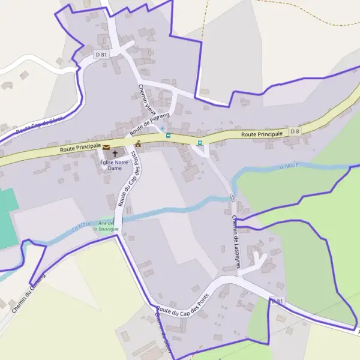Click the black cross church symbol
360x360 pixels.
pyautogui.click(x=115, y=154)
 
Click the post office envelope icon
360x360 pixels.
pyautogui.click(x=106, y=147)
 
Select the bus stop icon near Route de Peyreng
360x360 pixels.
pyautogui.click(x=168, y=136)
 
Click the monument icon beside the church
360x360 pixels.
pyautogui.click(x=139, y=143)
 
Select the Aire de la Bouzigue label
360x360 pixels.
pyautogui.click(x=106, y=226)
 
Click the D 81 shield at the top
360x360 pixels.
pyautogui.click(x=101, y=55)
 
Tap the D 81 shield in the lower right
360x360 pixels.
pyautogui.click(x=277, y=301)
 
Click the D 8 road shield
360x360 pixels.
pyautogui.click(x=295, y=131)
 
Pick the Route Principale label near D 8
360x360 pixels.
pyautogui.click(x=262, y=134)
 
